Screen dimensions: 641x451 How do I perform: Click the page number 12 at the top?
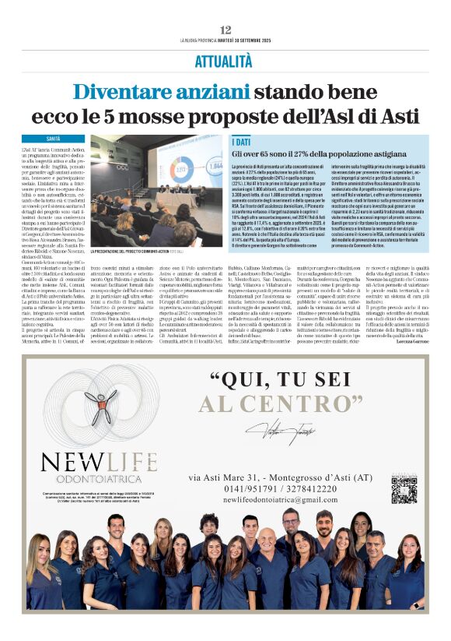226,30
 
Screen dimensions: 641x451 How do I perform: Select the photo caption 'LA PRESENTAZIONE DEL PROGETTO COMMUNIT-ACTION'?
143,252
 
